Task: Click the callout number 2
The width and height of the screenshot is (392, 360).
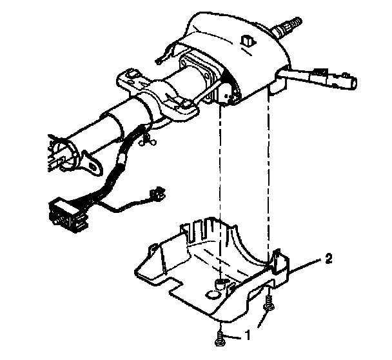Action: [x=329, y=259]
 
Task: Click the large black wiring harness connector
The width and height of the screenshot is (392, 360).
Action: [x=64, y=211]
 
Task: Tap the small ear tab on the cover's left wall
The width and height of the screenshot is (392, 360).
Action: [x=153, y=247]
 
